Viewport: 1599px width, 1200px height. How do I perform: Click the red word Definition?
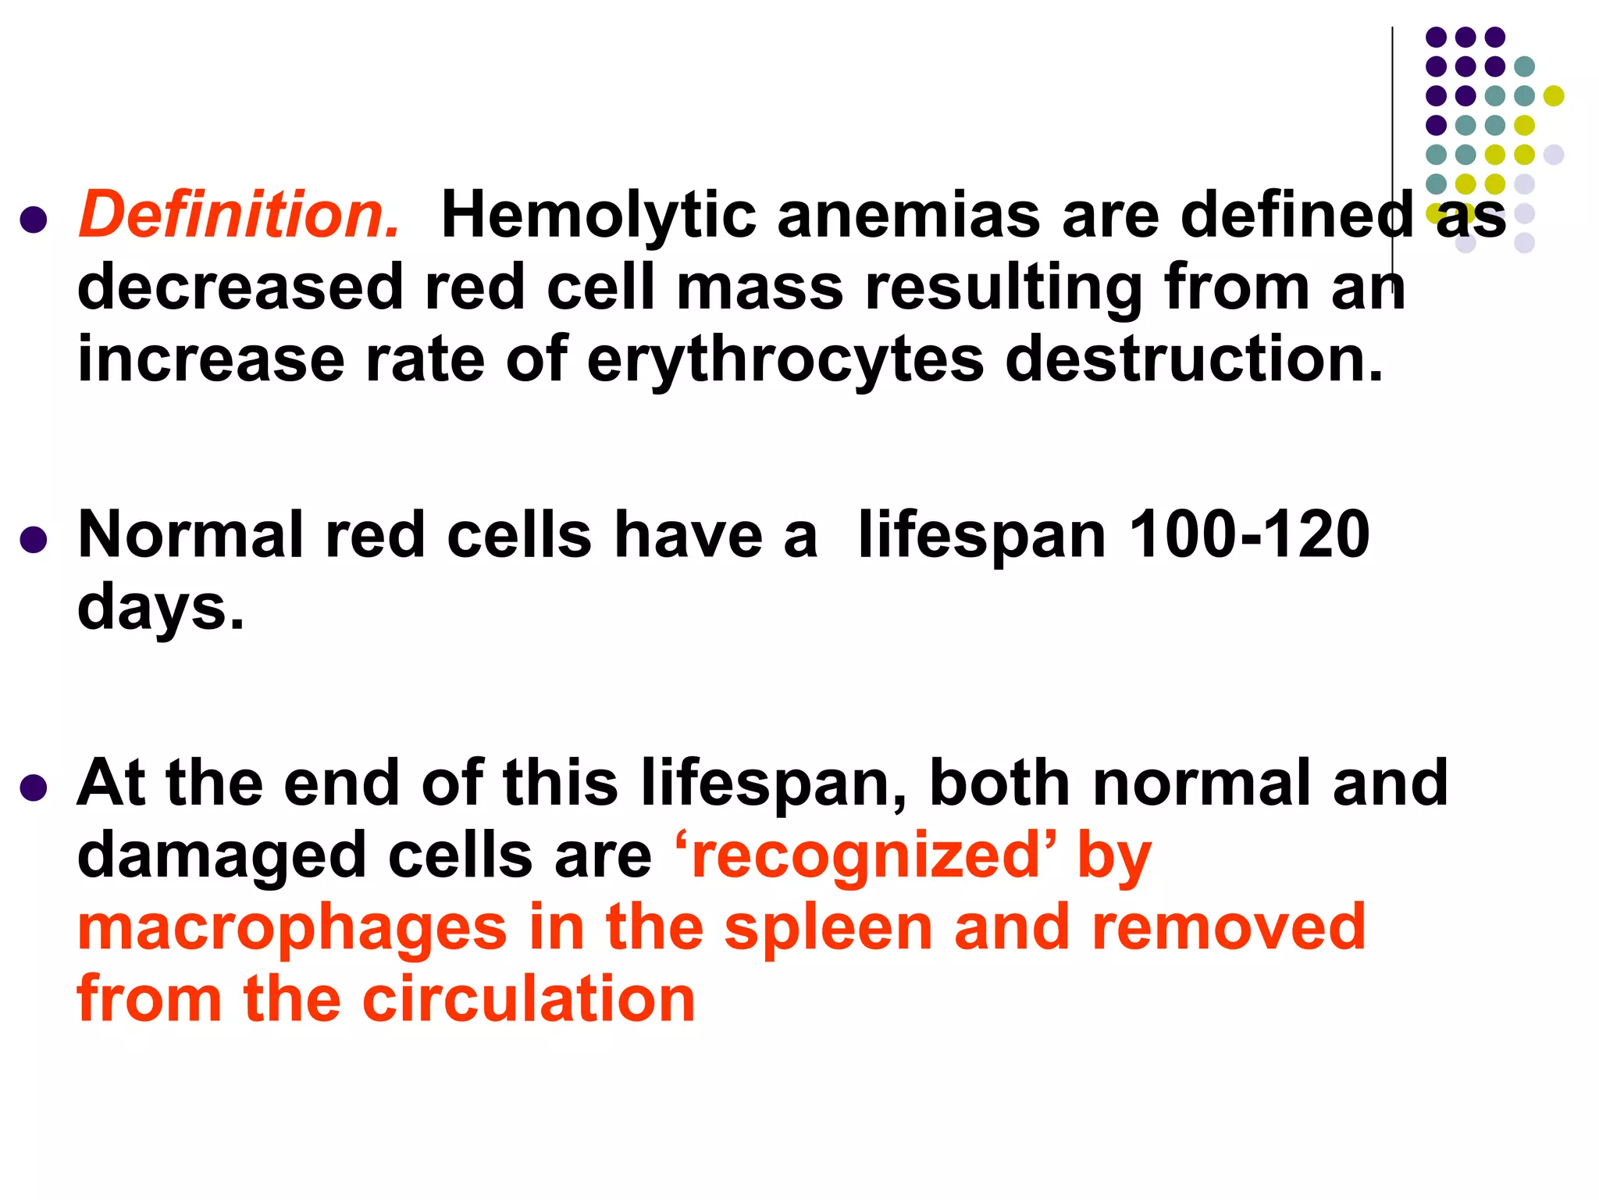point(239,215)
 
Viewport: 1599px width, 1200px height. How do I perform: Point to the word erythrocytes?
point(785,361)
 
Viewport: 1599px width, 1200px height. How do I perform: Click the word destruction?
point(1195,359)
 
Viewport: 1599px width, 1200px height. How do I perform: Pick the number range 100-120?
point(1249,535)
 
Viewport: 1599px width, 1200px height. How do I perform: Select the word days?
point(161,608)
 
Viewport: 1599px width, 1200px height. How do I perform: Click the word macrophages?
point(293,928)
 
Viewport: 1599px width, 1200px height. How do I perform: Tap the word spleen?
point(828,928)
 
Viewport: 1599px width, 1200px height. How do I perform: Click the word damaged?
point(222,856)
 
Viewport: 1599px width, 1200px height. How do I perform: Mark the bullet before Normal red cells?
point(34,539)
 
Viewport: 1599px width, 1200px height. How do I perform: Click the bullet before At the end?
point(34,787)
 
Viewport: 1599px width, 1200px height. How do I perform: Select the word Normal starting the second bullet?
point(191,535)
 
